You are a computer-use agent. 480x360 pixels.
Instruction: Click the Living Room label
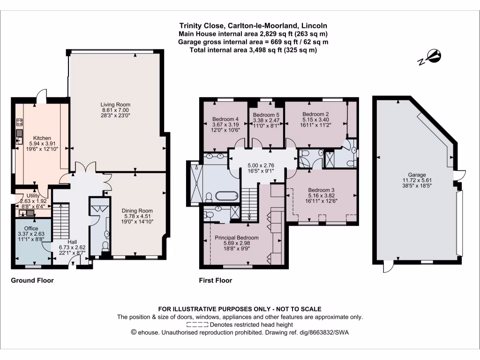115,104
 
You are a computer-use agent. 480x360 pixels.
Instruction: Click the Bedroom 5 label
266,115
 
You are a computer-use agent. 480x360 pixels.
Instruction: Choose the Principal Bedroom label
237,238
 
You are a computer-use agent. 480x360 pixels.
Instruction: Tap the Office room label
31,228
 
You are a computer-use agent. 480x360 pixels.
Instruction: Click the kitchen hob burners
20,123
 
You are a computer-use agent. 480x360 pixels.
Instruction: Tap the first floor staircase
249,200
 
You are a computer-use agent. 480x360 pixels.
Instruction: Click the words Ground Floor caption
32,281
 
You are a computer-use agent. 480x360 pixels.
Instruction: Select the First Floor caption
215,281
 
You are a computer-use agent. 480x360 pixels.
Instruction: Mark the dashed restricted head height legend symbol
197,324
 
